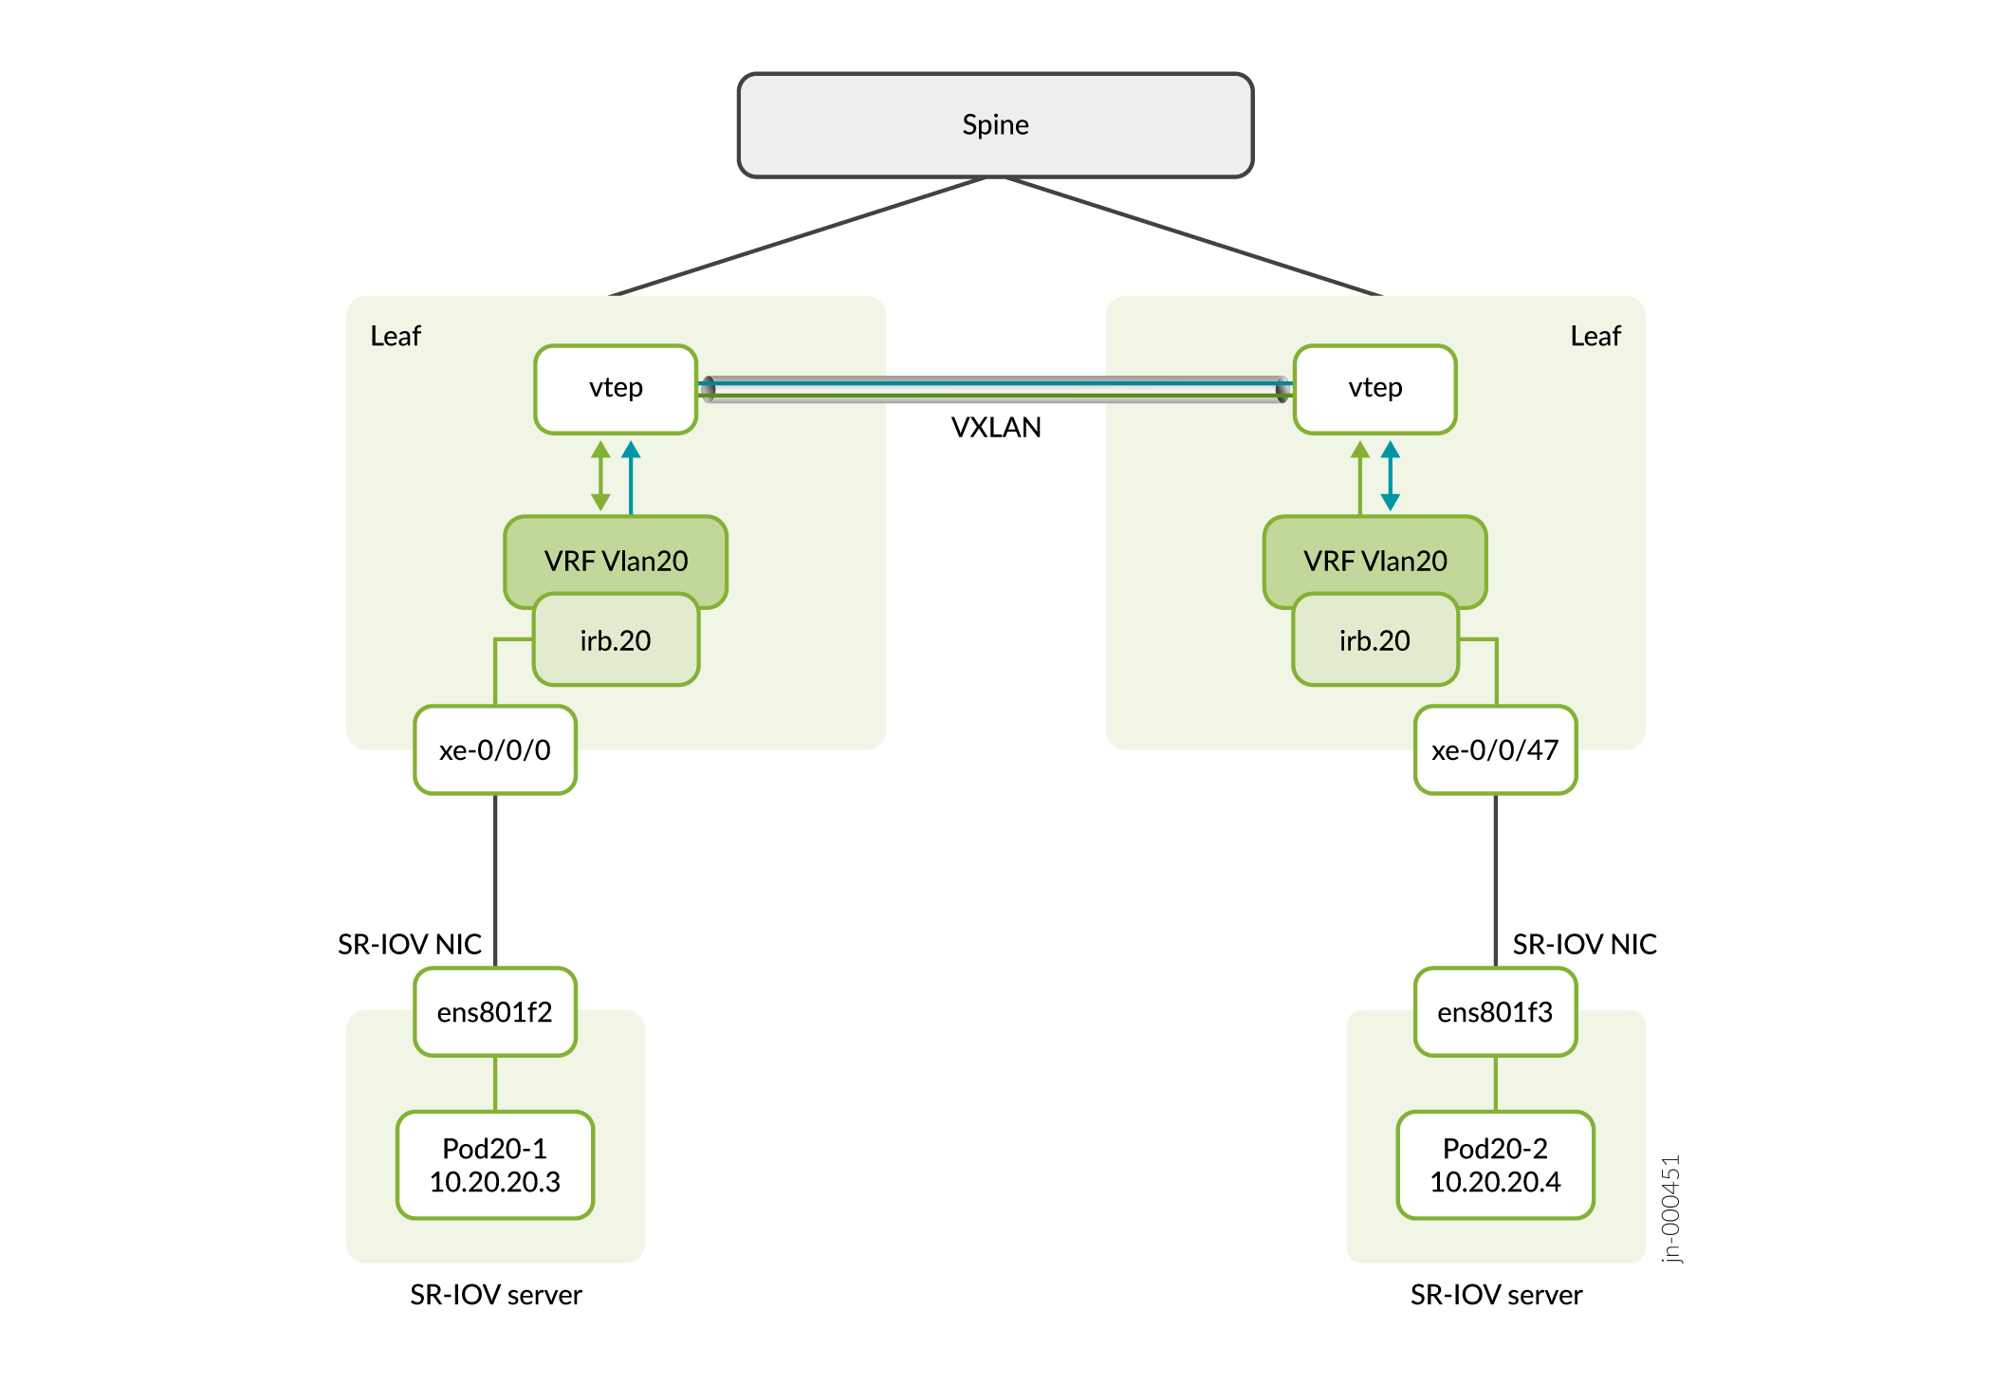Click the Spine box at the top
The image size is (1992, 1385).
coord(995,125)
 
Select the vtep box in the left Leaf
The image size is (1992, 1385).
coord(616,389)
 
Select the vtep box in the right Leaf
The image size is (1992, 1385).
coord(1374,389)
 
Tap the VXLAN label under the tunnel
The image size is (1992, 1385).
coord(996,428)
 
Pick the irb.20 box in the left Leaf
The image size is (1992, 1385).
coord(616,641)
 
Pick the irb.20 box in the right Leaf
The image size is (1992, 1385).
coord(1374,641)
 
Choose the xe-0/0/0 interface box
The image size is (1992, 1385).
coord(495,750)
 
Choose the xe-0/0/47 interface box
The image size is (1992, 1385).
coord(1495,750)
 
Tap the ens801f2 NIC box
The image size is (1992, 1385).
coord(495,1012)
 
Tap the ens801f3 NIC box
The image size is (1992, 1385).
coord(1495,1012)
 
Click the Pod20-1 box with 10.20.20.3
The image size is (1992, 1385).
coord(495,1165)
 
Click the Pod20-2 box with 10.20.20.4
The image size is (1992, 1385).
coord(1495,1165)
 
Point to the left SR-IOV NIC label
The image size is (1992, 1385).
coord(410,945)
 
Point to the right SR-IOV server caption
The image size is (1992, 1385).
coord(1496,1295)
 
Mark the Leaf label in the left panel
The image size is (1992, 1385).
coord(396,337)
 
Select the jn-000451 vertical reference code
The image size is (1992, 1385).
coord(1671,1209)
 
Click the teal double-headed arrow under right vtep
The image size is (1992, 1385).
coord(1391,476)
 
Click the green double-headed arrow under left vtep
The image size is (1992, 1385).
coord(600,476)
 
